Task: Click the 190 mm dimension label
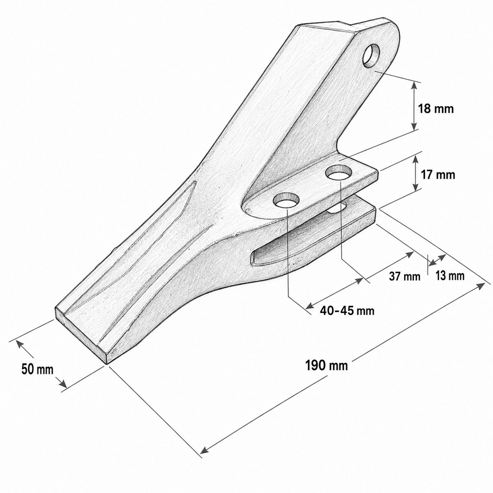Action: click(x=327, y=366)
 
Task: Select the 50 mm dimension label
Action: click(x=37, y=369)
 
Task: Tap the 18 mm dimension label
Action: click(x=436, y=108)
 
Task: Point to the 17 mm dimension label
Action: click(x=438, y=175)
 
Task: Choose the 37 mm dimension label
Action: click(x=405, y=276)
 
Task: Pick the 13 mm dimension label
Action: click(x=449, y=276)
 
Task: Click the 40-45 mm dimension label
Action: click(x=347, y=311)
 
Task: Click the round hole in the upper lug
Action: click(x=371, y=56)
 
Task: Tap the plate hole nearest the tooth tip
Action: click(x=286, y=200)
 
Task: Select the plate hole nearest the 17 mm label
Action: click(x=339, y=173)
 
